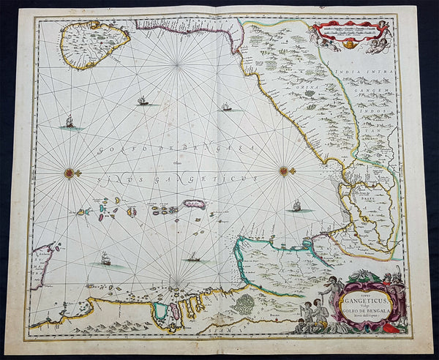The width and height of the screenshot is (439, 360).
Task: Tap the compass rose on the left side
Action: pos(70,173)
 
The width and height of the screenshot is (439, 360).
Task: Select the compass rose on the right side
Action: pos(284,171)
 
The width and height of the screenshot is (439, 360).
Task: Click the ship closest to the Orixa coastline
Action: pos(227,108)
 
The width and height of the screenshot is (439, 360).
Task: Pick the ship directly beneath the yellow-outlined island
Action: pos(70,122)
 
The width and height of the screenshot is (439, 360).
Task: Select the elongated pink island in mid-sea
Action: pos(195,204)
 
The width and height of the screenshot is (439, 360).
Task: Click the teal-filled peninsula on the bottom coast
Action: pos(160,311)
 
